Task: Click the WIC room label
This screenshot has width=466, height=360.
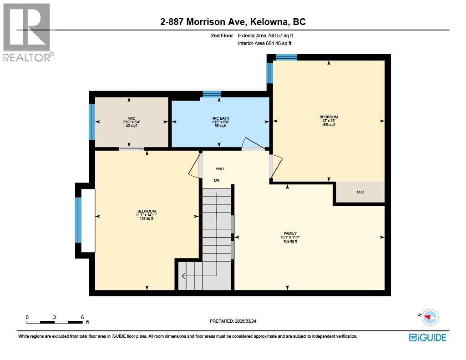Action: click(x=132, y=118)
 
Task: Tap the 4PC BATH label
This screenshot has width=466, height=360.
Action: click(x=220, y=118)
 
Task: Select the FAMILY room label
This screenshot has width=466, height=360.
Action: click(x=290, y=233)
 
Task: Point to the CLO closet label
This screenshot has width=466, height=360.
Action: click(x=360, y=192)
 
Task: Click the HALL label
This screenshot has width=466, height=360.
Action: click(x=220, y=169)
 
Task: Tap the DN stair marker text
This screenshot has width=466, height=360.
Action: click(x=217, y=180)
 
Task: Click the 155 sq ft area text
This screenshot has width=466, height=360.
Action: click(x=329, y=125)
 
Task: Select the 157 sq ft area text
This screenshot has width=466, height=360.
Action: click(x=147, y=218)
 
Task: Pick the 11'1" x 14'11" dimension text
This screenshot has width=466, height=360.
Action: click(x=147, y=215)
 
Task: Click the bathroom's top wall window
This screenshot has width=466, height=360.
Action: click(x=212, y=94)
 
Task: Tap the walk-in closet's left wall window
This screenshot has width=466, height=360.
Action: click(x=92, y=122)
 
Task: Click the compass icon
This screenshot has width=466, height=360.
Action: click(x=430, y=317)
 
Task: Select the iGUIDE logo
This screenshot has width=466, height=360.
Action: click(x=428, y=337)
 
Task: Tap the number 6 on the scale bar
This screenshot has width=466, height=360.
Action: click(x=82, y=317)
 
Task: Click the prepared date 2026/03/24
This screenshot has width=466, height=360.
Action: click(x=245, y=321)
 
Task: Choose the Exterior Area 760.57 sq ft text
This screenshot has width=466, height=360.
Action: click(x=265, y=35)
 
